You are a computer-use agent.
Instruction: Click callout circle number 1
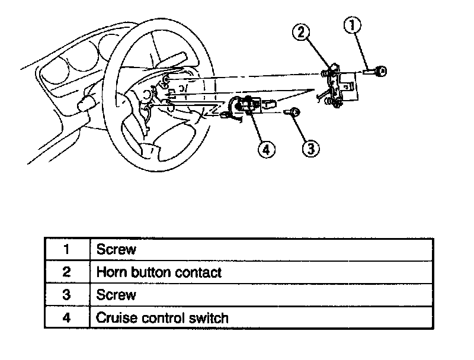[353, 25]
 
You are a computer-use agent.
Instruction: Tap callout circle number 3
[311, 147]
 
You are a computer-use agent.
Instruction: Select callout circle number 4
[266, 150]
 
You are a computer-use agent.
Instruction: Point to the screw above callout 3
[293, 112]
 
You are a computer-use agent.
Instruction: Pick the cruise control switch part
[249, 106]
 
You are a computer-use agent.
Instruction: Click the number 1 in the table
[67, 249]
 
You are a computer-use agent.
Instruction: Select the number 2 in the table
[67, 272]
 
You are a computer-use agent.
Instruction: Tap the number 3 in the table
[67, 295]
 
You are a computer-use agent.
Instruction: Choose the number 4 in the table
[67, 318]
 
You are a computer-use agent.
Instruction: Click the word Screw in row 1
[116, 249]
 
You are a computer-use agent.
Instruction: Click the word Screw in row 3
[116, 295]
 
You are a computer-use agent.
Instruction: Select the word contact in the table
[199, 272]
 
